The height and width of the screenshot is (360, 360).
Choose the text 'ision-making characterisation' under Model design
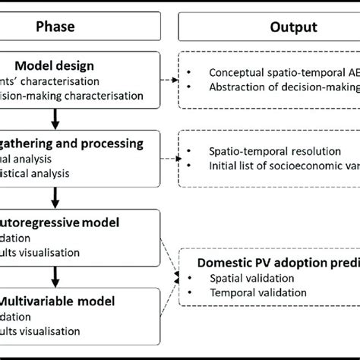[76, 95]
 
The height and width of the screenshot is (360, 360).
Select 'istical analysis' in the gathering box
[46, 173]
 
